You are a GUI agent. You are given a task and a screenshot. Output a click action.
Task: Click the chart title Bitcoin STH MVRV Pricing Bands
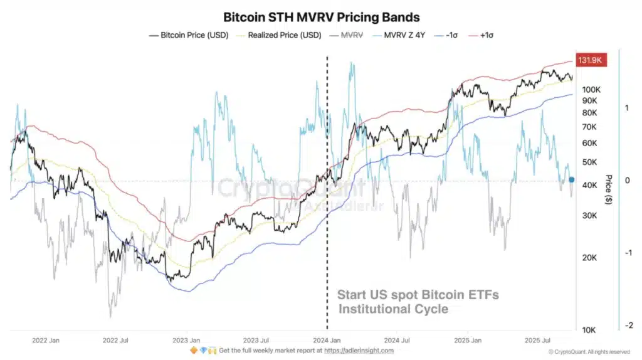[321, 17]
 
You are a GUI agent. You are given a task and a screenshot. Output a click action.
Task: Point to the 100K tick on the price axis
[592, 89]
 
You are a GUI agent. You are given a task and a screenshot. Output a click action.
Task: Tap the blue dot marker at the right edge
[571, 179]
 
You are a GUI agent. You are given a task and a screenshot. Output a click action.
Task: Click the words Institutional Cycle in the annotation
[394, 309]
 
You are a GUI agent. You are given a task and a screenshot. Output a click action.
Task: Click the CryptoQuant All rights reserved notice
[589, 352]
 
